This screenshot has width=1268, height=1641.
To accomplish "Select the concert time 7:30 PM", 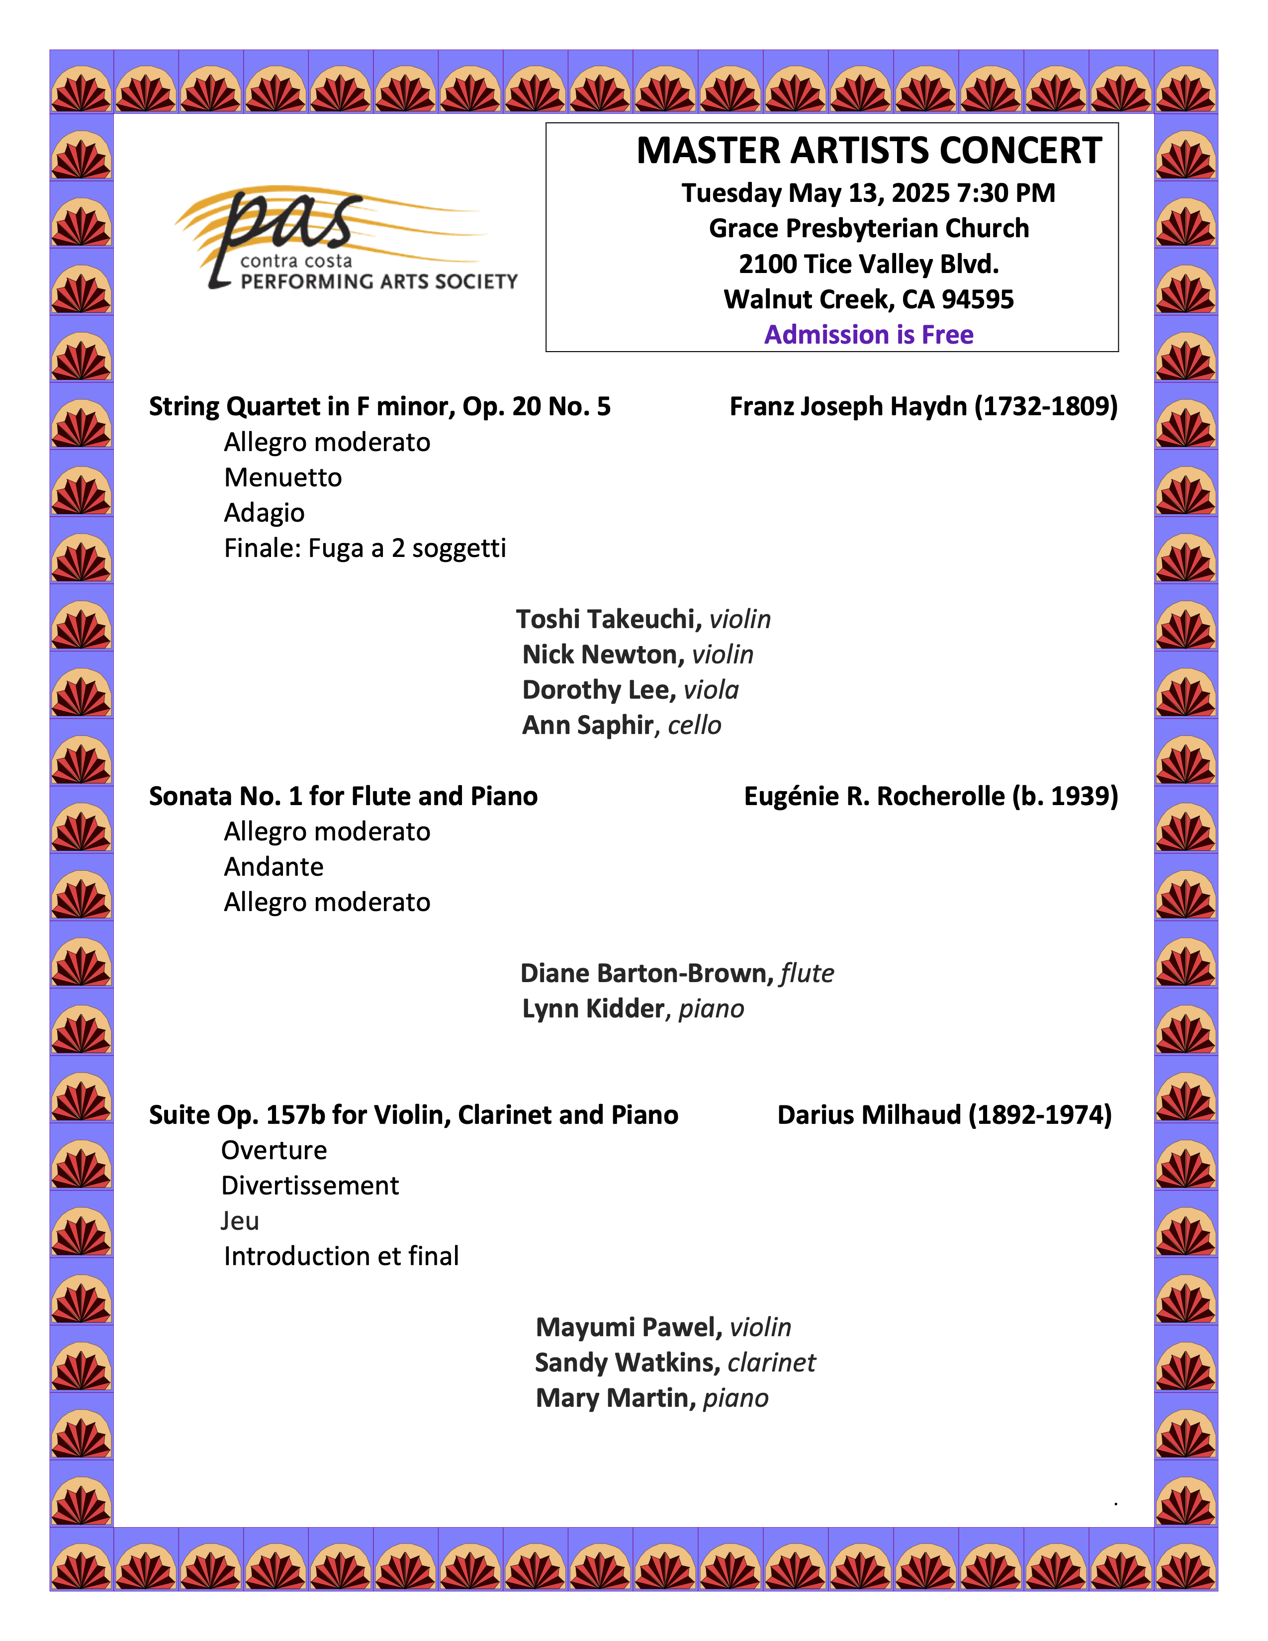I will tap(1006, 193).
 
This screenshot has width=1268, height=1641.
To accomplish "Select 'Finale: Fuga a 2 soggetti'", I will tap(364, 548).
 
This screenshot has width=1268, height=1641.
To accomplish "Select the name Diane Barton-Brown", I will tap(646, 974).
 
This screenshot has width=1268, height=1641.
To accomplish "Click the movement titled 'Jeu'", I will tap(240, 1221).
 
